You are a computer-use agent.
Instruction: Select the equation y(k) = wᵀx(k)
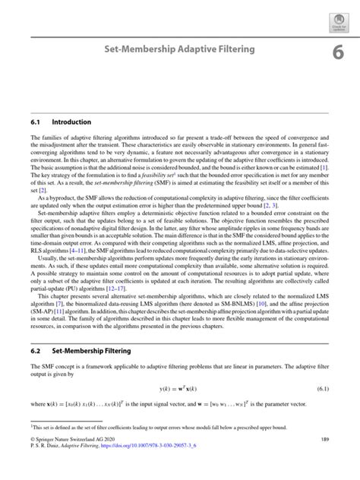click(178, 389)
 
